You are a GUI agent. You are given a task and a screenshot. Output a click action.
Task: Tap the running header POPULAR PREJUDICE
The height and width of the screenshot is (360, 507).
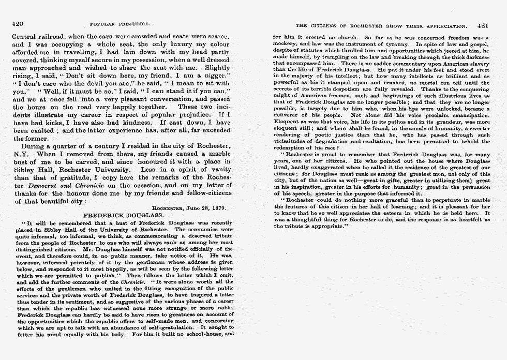(x=120, y=24)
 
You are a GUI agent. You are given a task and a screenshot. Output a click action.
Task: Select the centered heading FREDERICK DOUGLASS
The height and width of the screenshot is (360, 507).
(x=124, y=214)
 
